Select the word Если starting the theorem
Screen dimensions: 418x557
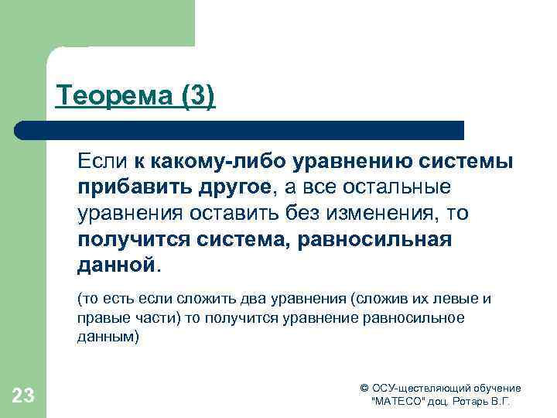[x=101, y=162]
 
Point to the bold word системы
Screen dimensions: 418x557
[x=472, y=162]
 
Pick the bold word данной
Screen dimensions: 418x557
[x=116, y=265]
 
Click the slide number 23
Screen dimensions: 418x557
[x=23, y=396]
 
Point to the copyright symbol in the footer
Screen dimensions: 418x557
[x=365, y=388]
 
